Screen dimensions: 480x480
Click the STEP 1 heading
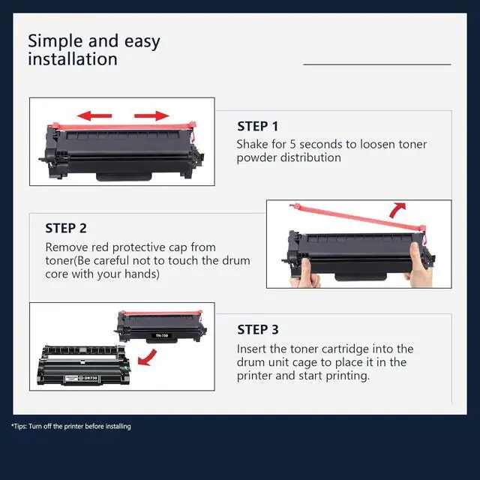[x=258, y=127]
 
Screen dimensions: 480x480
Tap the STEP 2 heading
[x=66, y=228]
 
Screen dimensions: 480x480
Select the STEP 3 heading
[x=258, y=330]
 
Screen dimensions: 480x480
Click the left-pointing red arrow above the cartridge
[x=94, y=115]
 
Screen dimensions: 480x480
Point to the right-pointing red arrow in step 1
[x=151, y=115]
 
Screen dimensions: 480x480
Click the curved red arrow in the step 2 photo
[x=397, y=210]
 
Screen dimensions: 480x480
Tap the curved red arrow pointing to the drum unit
[x=148, y=358]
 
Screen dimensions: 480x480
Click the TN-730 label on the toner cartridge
[x=162, y=335]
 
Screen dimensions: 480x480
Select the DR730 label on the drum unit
[x=90, y=378]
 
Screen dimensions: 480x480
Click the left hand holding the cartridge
[x=306, y=273]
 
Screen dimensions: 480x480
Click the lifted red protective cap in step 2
[x=358, y=217]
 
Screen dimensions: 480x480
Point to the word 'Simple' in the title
[x=55, y=41]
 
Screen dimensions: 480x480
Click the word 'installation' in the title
[x=73, y=59]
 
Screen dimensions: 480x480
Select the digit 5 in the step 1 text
[x=292, y=144]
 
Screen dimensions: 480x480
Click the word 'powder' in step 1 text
[x=256, y=158]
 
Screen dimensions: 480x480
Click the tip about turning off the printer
[x=71, y=427]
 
